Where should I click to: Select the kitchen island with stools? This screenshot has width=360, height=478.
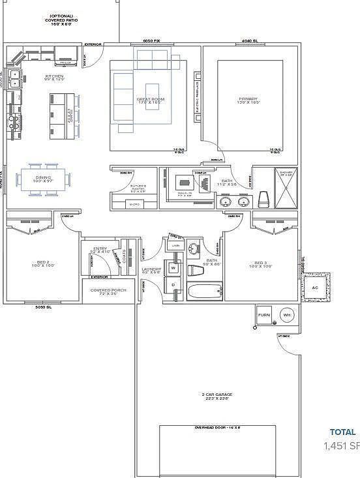coord(63,116)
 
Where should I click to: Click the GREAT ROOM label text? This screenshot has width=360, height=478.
coord(150,100)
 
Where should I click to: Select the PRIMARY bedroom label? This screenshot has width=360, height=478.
coord(248,100)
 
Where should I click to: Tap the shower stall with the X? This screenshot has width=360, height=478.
coord(286,188)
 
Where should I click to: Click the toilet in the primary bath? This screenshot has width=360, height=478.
coord(263,199)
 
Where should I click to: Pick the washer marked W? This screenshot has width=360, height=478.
coord(173,267)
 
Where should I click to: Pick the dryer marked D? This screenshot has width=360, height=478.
coord(173,286)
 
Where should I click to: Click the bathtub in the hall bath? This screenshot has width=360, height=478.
coord(205,291)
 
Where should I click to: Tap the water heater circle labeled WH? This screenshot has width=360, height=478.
coord(286,315)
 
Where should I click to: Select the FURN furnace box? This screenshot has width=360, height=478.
coord(263,315)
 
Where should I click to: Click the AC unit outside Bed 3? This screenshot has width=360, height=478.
coord(316,288)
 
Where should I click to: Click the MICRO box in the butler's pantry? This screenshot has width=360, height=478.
coord(134,204)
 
